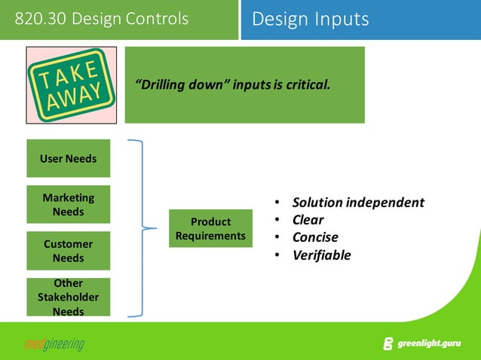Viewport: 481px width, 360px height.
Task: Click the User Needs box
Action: click(x=69, y=159)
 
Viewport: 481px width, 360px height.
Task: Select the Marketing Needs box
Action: click(x=69, y=205)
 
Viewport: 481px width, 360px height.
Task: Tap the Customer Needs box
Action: click(x=69, y=251)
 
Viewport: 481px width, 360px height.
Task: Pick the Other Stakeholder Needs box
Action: click(x=69, y=297)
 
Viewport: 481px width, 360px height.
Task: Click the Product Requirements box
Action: click(x=210, y=228)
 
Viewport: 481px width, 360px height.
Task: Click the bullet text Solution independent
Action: click(x=358, y=203)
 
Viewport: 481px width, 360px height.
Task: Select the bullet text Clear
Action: click(x=308, y=220)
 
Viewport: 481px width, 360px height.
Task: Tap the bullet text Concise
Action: click(x=315, y=237)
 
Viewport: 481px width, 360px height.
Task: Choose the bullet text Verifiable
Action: click(x=321, y=255)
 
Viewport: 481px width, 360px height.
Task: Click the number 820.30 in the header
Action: click(x=40, y=19)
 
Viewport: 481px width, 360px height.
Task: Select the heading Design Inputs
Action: click(x=311, y=19)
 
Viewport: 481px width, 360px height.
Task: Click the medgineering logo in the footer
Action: click(x=54, y=344)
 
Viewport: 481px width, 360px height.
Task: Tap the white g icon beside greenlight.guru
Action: click(x=388, y=344)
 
